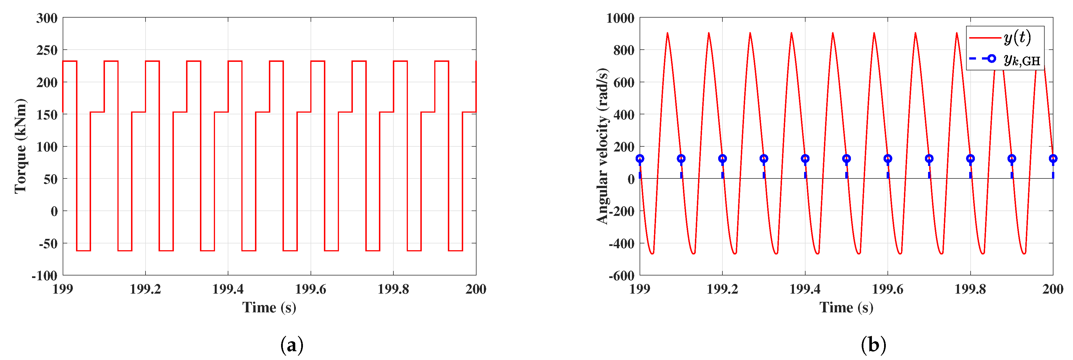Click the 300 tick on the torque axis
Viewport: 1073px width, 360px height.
47,18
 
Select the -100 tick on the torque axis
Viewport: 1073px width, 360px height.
44,275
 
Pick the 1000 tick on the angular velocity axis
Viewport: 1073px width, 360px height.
620,18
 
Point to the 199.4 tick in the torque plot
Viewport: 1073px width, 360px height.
228,289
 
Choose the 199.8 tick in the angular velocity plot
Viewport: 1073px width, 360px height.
970,289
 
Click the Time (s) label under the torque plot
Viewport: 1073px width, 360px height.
269,308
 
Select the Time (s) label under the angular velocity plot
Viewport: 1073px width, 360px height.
846,308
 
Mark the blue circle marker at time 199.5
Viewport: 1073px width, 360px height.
846,158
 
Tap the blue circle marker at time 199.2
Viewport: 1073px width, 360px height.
722,158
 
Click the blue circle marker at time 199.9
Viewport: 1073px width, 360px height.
1011,158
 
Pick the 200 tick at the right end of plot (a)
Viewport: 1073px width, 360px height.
476,289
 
